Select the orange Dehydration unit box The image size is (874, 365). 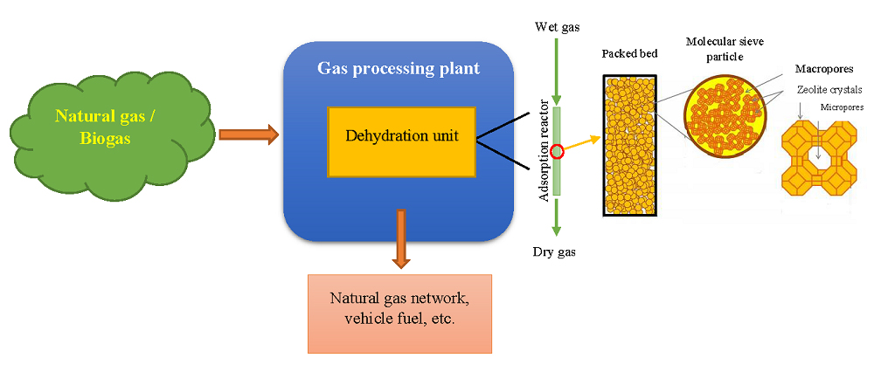coord(401,141)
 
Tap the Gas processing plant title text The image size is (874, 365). coord(399,69)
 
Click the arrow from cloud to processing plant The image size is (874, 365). coord(248,134)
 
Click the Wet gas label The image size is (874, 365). coord(558,27)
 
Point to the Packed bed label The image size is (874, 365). coord(629,54)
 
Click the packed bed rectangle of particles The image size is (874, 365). coord(629,144)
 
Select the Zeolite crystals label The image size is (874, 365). coord(826,88)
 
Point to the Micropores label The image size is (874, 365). coord(838,107)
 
